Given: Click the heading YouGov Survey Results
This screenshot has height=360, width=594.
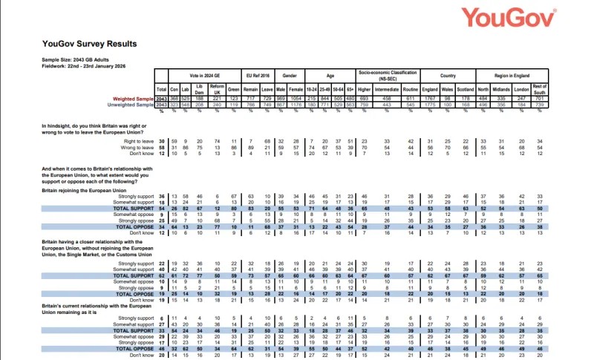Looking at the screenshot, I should pyautogui.click(x=90, y=44).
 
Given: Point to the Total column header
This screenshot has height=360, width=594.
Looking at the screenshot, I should pyautogui.click(x=160, y=91).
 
